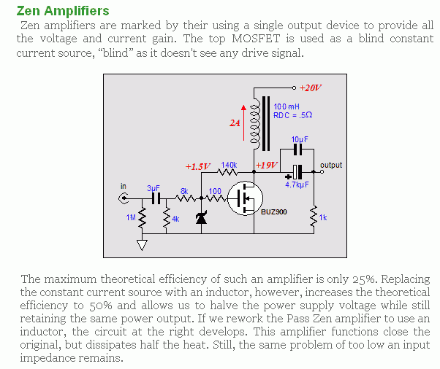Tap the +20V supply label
(x=310, y=88)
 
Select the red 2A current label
(x=235, y=124)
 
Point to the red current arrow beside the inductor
(x=244, y=117)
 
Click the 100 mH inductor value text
(x=287, y=107)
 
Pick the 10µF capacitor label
(x=299, y=139)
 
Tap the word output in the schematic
(x=331, y=166)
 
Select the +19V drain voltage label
(x=267, y=165)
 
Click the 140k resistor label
(x=229, y=166)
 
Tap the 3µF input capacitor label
(x=153, y=187)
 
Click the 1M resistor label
(x=131, y=218)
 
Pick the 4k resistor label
(x=175, y=218)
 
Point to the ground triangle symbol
(x=142, y=245)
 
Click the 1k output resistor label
(x=323, y=218)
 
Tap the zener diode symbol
(x=201, y=217)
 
